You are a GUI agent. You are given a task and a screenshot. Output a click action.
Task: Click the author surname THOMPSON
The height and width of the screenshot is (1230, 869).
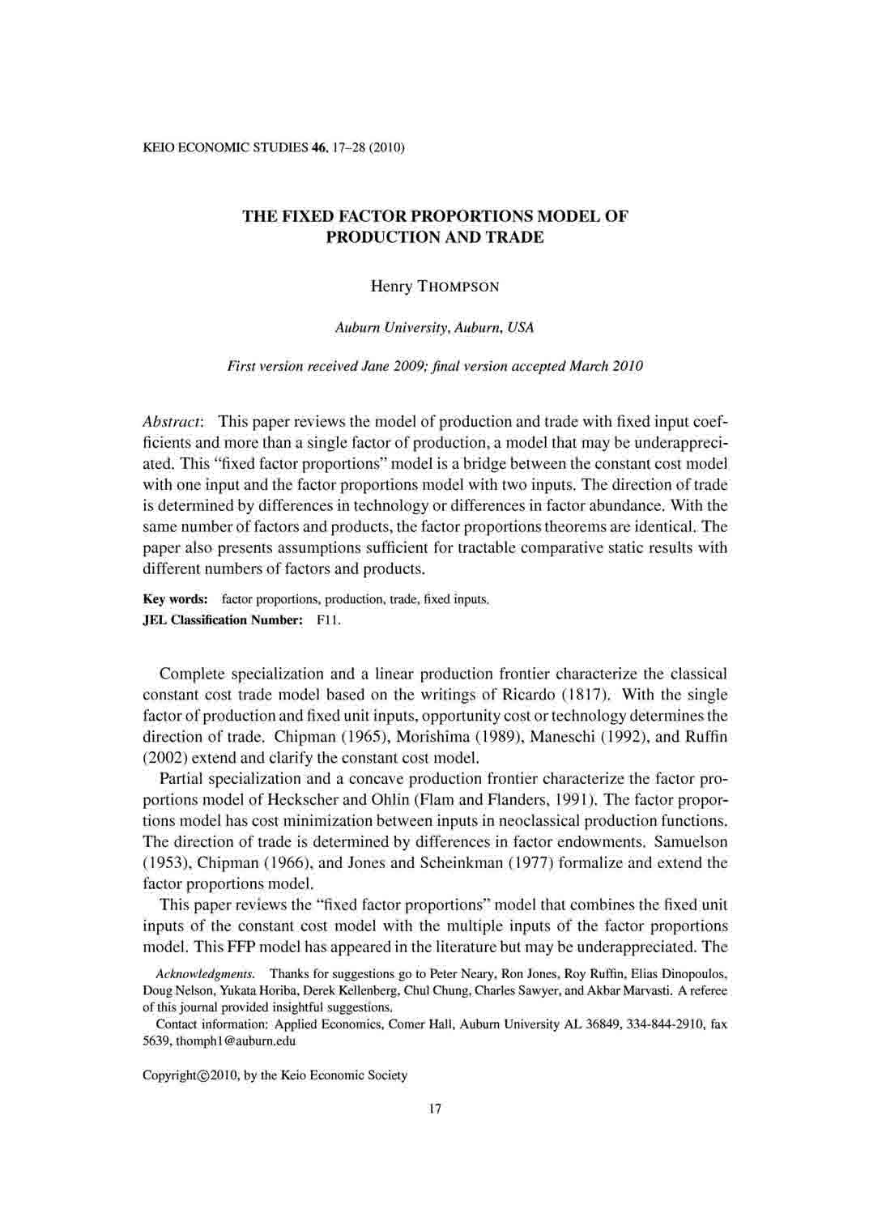point(458,287)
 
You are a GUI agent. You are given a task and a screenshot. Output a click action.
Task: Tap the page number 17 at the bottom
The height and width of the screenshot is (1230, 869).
point(434,1109)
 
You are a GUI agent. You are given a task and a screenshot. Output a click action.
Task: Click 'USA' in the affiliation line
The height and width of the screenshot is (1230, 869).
point(522,328)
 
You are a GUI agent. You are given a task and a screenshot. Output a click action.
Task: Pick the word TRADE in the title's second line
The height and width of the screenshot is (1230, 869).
point(516,237)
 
